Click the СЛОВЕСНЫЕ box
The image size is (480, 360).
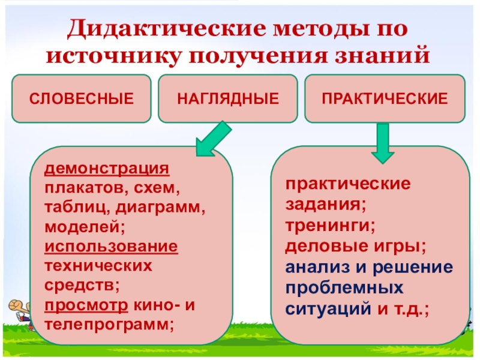pyautogui.click(x=82, y=97)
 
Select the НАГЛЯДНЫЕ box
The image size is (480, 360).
pyautogui.click(x=228, y=97)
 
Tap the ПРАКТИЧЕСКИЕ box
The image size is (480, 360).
pyautogui.click(x=385, y=97)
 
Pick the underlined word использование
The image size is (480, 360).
pyautogui.click(x=111, y=247)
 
